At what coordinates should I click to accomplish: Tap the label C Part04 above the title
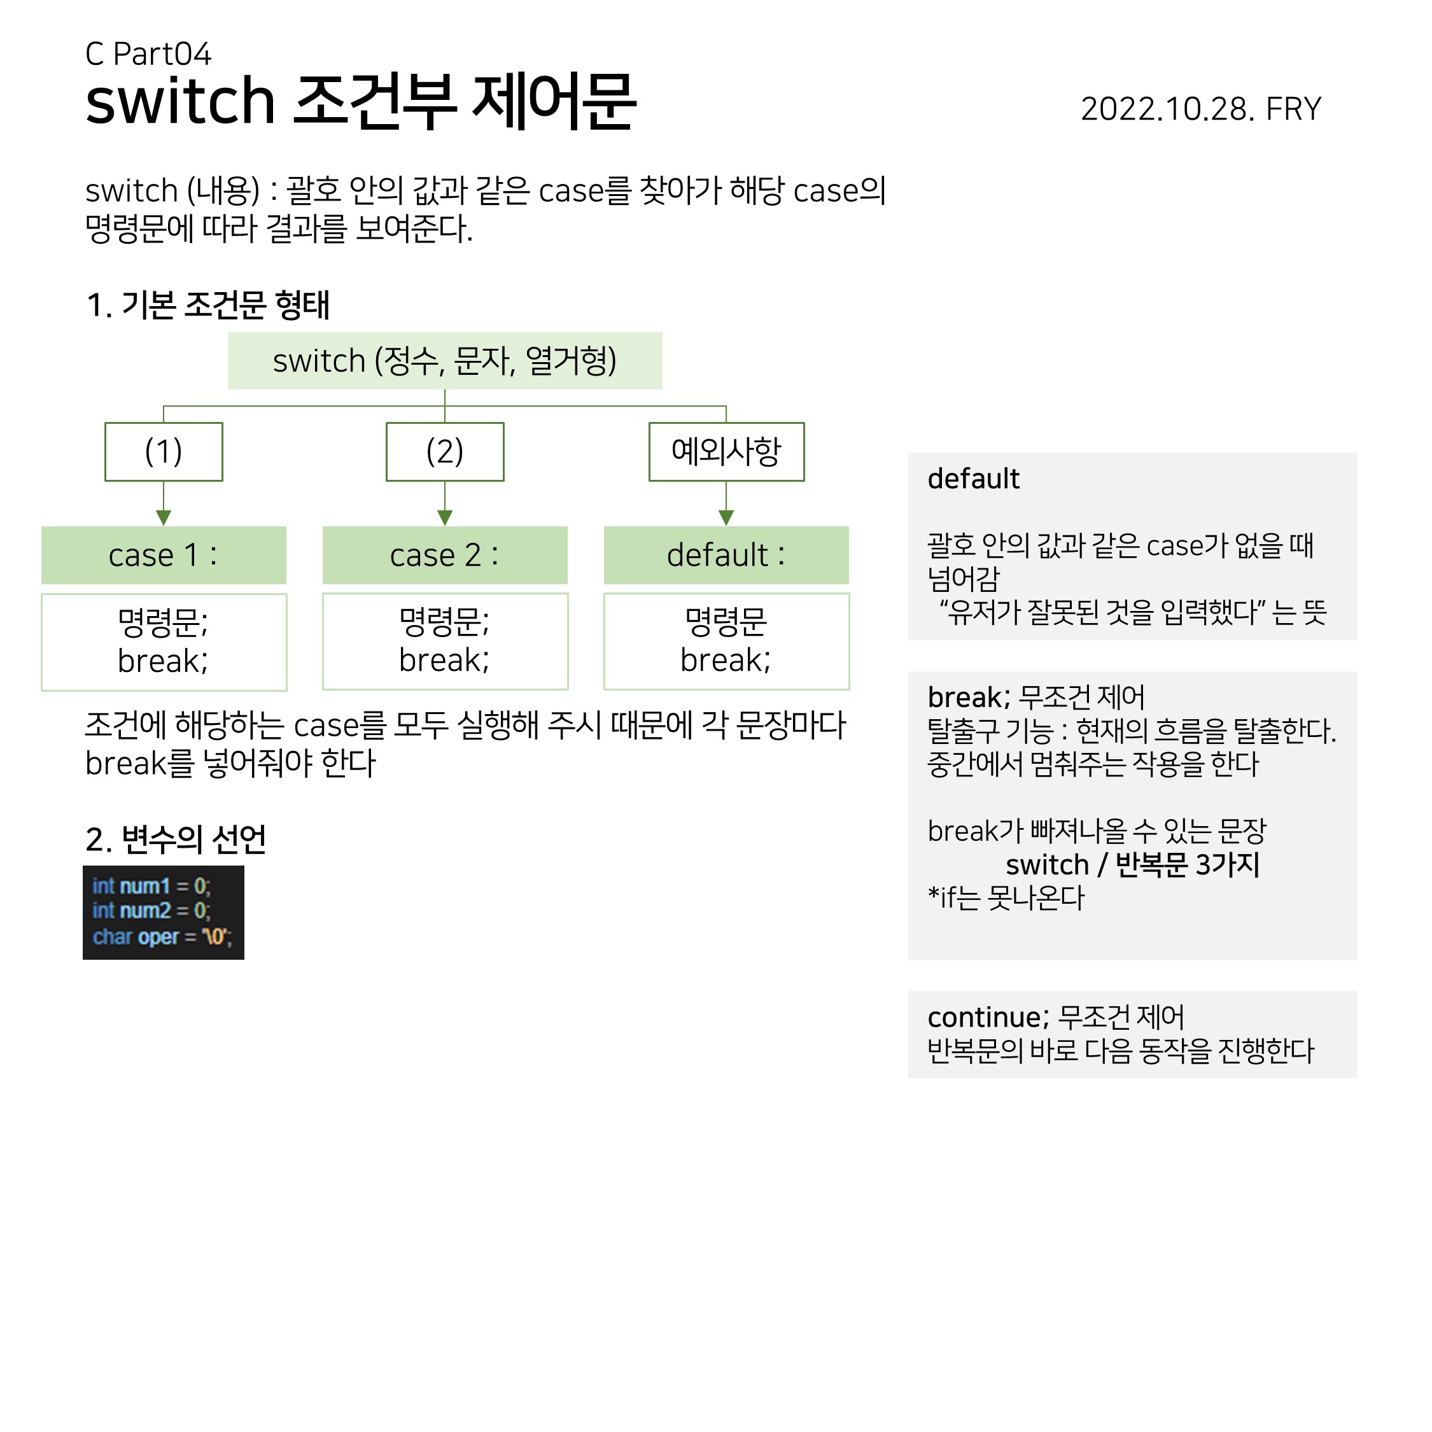(x=148, y=54)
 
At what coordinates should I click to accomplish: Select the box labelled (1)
(x=164, y=451)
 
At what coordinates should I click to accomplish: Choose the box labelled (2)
(x=445, y=451)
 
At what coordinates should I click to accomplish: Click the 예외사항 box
(x=726, y=451)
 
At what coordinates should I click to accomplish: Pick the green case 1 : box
(x=164, y=555)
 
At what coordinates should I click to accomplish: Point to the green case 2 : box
(x=445, y=555)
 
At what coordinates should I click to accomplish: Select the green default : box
(x=726, y=555)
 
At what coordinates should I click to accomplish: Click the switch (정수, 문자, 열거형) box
(x=445, y=361)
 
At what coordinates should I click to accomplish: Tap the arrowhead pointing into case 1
(x=164, y=517)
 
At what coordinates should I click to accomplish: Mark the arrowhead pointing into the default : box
(x=726, y=517)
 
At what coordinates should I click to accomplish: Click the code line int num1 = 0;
(x=151, y=887)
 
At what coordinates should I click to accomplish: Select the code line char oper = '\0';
(x=162, y=937)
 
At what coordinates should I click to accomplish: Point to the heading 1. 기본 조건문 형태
(x=207, y=305)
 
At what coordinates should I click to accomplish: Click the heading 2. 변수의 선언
(x=176, y=839)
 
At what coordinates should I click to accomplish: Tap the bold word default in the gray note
(x=973, y=479)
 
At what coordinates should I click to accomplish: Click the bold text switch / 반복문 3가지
(x=1133, y=865)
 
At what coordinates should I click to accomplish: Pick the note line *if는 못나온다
(x=1006, y=898)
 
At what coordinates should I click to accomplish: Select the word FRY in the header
(x=1293, y=109)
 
